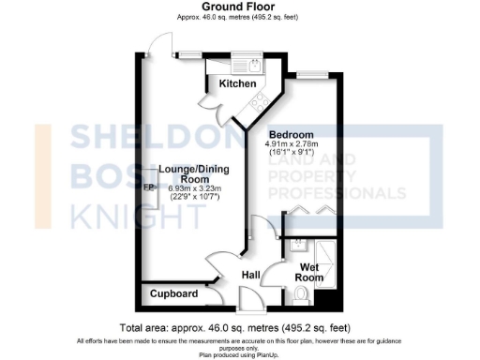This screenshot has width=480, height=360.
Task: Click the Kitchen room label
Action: pyautogui.click(x=237, y=84)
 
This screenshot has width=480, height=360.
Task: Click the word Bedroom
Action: pyautogui.click(x=291, y=133)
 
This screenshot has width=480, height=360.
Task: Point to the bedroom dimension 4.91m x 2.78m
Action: pyautogui.click(x=291, y=143)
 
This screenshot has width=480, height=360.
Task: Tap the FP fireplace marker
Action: pyautogui.click(x=148, y=187)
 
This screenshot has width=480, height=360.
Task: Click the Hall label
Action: pyautogui.click(x=251, y=274)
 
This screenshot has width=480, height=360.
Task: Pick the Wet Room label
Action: pyautogui.click(x=310, y=272)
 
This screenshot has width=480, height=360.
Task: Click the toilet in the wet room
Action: pyautogui.click(x=301, y=296)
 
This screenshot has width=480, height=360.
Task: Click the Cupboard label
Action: pyautogui.click(x=174, y=294)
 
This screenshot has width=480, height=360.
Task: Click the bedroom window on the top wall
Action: pyautogui.click(x=313, y=73)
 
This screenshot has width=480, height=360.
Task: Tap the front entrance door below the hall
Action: pyautogui.click(x=251, y=302)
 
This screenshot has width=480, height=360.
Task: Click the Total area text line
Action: pyautogui.click(x=239, y=327)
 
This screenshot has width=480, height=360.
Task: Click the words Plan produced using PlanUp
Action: pyautogui.click(x=239, y=353)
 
